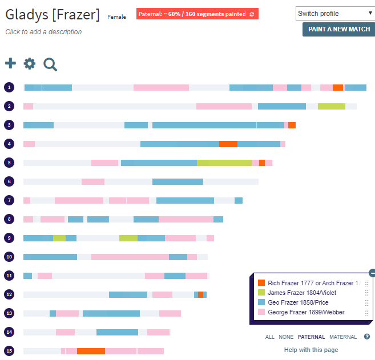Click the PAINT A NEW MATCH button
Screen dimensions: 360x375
click(x=338, y=29)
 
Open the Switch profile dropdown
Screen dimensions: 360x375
click(x=335, y=13)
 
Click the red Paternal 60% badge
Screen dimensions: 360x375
click(x=197, y=14)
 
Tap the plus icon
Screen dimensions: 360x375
click(x=10, y=64)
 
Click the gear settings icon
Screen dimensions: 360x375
click(x=30, y=64)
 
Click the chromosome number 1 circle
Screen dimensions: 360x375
click(x=9, y=87)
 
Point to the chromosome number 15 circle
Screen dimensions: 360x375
click(x=9, y=351)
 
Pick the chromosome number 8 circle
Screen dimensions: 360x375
click(x=9, y=219)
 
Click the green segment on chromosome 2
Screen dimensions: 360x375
click(x=331, y=106)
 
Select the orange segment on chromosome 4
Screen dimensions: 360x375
click(x=228, y=144)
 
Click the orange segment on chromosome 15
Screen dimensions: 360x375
click(x=91, y=351)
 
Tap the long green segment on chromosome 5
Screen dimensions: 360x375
click(x=224, y=163)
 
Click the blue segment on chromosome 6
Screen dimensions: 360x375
click(x=178, y=181)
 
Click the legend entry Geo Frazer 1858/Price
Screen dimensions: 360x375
click(x=298, y=302)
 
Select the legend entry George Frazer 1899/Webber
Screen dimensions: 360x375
click(x=306, y=312)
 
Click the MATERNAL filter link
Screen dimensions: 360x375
click(x=343, y=337)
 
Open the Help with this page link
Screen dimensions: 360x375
click(x=311, y=350)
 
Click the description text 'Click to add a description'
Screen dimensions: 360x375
click(x=43, y=32)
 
